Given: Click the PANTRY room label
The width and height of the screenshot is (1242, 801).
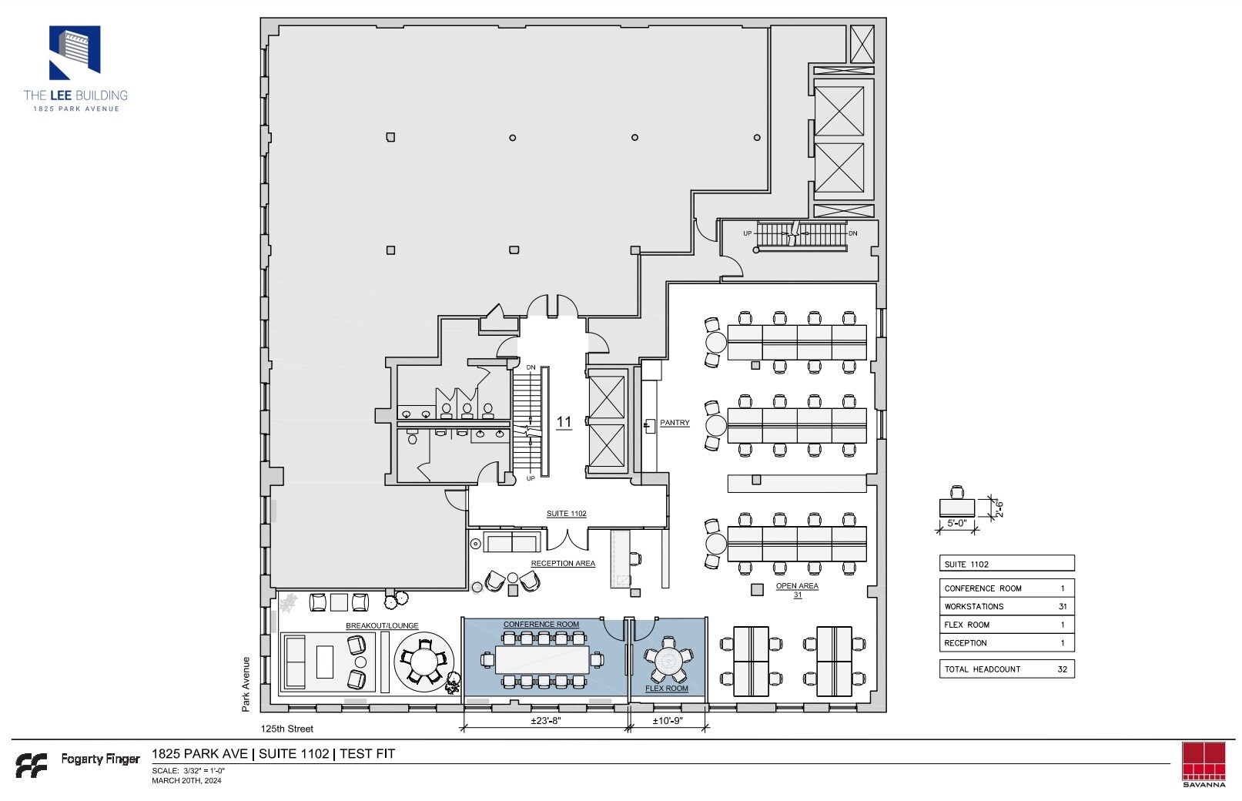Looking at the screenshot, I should point(675,423).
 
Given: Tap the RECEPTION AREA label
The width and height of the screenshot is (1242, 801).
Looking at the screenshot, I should point(563,564).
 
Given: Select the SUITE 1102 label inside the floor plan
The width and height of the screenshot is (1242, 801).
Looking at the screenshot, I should point(566,514).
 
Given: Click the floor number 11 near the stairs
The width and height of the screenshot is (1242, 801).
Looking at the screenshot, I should point(564,422).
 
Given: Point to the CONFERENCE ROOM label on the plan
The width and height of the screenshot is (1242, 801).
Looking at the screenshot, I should point(541,625).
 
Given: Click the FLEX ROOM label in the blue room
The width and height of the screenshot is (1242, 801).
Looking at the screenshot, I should point(667,689).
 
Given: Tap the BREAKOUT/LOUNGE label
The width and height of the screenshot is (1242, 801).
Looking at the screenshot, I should point(382,626).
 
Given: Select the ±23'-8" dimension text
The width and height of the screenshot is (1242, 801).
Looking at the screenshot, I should point(545,722).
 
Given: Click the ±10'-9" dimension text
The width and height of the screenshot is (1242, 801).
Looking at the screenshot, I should point(668,722).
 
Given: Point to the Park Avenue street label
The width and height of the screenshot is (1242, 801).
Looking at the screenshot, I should point(246,683).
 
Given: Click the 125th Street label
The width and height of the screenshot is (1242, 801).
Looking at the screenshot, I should point(287,729).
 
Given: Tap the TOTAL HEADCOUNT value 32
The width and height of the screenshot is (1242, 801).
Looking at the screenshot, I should point(1063,669).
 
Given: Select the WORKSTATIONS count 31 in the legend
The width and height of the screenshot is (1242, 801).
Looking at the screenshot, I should point(1063,607).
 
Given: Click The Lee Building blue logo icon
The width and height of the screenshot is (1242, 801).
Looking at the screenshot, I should point(75,53).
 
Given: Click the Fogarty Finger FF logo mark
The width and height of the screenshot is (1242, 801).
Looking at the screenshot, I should point(32,765).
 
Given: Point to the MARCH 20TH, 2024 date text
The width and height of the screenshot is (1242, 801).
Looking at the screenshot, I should point(186,781).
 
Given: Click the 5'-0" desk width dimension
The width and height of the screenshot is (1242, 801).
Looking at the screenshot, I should point(956,523).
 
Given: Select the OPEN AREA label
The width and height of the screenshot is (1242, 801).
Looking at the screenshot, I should point(797,586).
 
